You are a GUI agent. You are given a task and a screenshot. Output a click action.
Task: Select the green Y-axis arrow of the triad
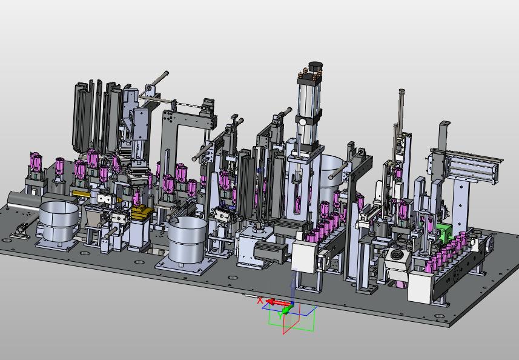(287, 309)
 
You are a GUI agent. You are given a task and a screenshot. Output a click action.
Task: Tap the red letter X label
(260, 301)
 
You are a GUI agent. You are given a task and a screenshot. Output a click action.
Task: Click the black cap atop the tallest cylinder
(315, 66)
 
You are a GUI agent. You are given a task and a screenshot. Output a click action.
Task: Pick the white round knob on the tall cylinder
(303, 122)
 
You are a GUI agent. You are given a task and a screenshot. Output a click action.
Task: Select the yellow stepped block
(141, 212)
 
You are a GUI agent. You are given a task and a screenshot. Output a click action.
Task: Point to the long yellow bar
(81, 193)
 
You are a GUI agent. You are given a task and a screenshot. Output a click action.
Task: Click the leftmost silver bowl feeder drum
(59, 222)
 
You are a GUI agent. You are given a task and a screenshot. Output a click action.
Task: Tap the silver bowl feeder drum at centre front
(187, 238)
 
